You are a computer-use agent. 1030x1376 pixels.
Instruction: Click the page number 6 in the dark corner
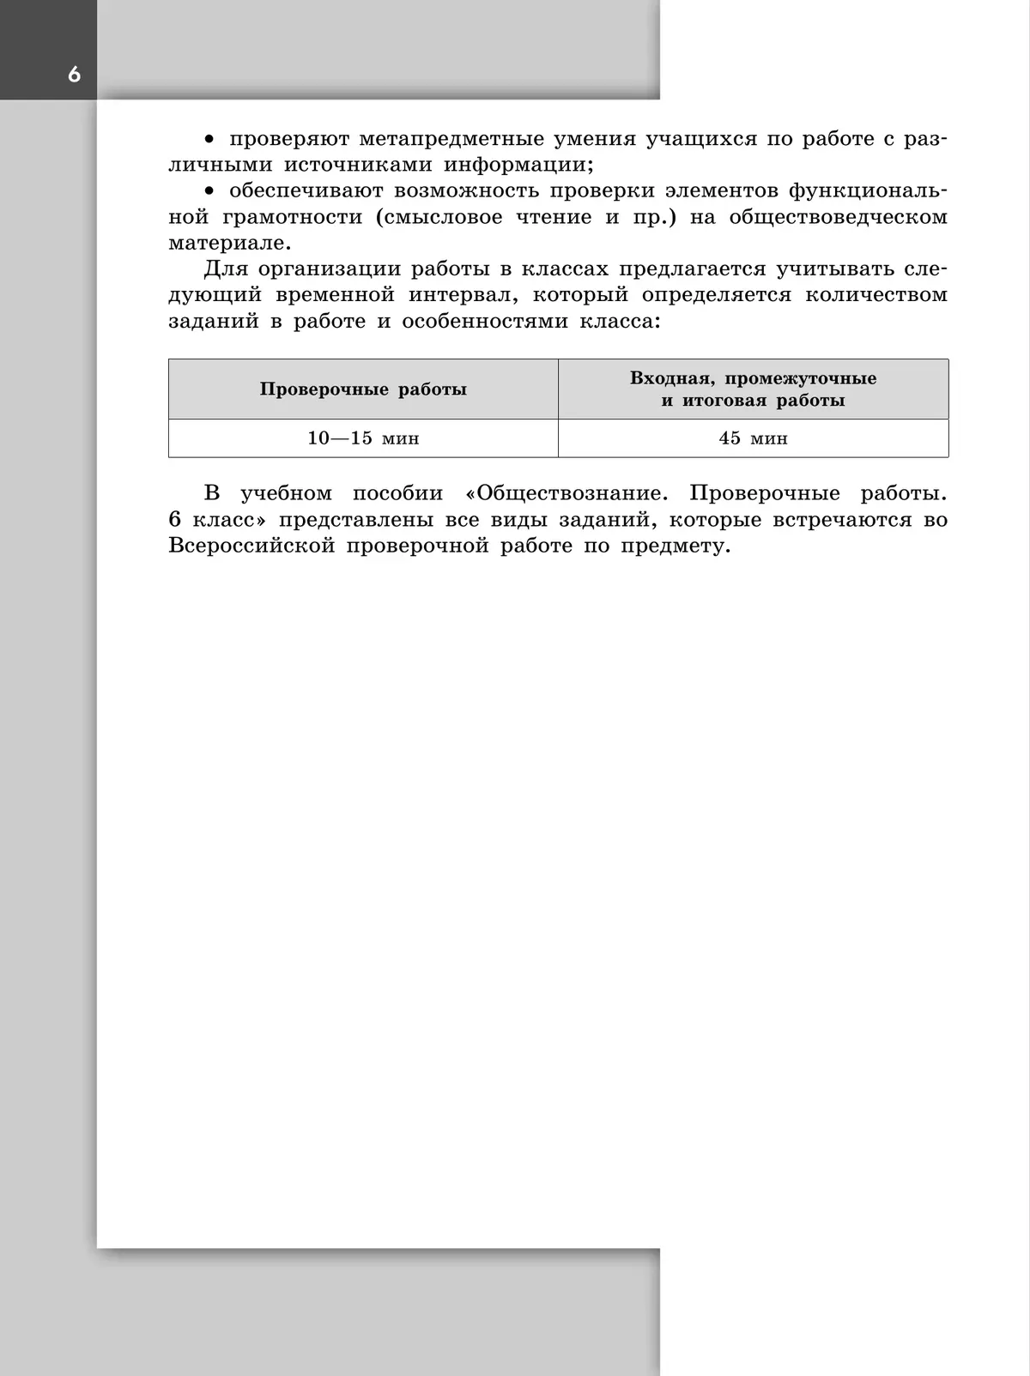click(x=74, y=75)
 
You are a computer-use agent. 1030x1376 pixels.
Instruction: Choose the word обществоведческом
click(x=838, y=217)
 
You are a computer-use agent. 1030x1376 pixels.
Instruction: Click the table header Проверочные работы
click(x=363, y=389)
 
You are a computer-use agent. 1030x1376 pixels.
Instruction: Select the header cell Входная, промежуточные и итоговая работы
click(x=753, y=389)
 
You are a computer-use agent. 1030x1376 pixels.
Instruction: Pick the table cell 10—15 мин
click(x=363, y=438)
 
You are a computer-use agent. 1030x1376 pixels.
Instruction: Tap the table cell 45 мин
click(x=753, y=438)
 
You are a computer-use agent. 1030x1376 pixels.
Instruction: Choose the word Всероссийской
click(x=251, y=546)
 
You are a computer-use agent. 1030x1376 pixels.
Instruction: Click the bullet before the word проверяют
click(x=208, y=140)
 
